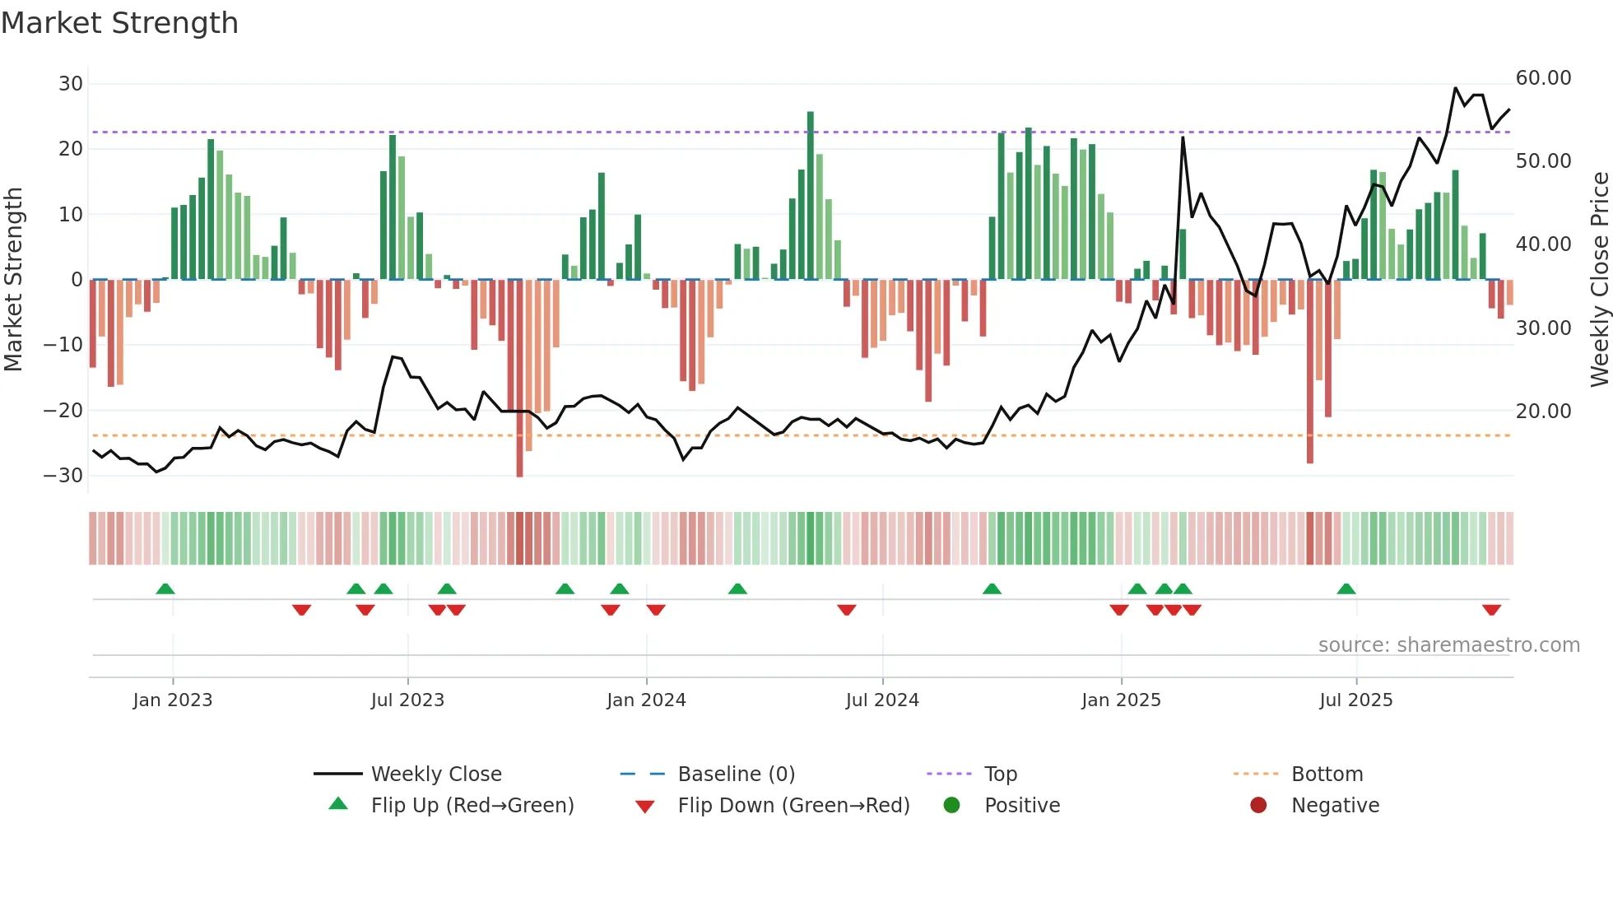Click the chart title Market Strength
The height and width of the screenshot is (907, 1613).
point(119,23)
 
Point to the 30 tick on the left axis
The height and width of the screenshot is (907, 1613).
point(71,84)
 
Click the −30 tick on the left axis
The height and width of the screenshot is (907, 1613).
point(64,476)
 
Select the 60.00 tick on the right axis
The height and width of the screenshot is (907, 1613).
point(1543,78)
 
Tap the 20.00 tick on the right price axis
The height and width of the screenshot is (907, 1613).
point(1543,412)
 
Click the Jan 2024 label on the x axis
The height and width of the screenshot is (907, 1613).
point(646,700)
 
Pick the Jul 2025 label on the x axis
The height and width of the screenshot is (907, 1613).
point(1355,700)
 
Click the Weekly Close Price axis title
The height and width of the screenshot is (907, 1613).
point(1599,280)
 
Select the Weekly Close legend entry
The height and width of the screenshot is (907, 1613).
point(435,774)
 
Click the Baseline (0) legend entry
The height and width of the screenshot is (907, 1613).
point(736,774)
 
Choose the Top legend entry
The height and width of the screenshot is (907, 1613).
point(1000,774)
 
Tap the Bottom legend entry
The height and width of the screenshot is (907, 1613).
point(1327,774)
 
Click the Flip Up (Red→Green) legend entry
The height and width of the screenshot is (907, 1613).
point(472,806)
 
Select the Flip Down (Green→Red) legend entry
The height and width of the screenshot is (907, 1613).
point(793,806)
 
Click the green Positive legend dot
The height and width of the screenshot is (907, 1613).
point(952,806)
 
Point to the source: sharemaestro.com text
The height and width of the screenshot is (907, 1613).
point(1448,645)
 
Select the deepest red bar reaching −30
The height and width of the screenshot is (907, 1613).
point(519,379)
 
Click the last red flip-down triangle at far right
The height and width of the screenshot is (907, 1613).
point(1491,610)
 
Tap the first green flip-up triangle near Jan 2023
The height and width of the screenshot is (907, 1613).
point(165,588)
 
